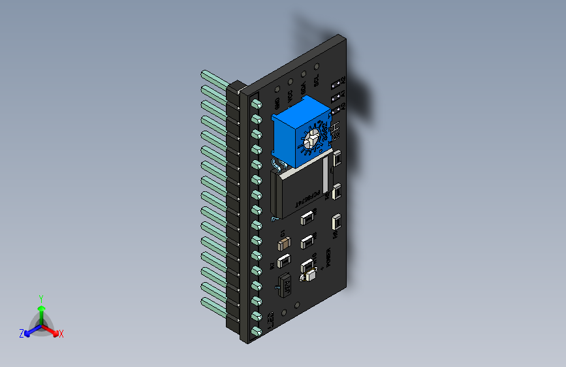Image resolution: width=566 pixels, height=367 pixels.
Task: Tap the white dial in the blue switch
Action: pos(313,138)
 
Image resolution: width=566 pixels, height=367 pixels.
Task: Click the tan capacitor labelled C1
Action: pos(284,244)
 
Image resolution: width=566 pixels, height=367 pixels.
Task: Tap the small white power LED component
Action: pos(309,277)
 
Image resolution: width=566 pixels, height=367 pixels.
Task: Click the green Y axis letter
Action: pos(40,298)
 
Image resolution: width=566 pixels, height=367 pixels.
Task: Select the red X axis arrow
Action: pos(54,330)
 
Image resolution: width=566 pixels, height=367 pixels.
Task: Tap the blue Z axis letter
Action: pos(22,333)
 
